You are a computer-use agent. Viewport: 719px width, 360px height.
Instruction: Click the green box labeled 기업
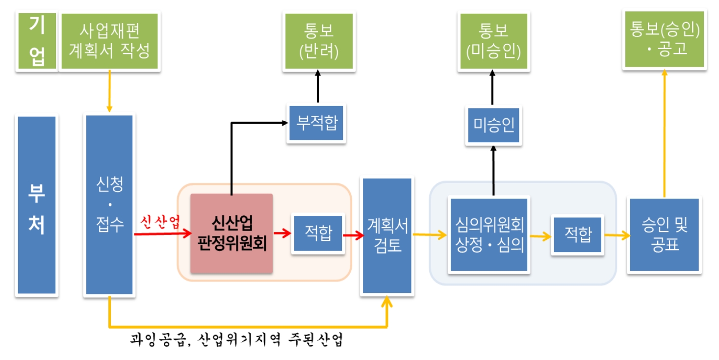pos(37,42)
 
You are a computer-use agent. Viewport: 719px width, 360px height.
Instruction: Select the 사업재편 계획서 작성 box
pos(109,42)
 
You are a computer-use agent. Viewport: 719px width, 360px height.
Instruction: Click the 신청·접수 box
pos(109,205)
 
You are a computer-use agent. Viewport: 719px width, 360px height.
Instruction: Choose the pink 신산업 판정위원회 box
pos(231,233)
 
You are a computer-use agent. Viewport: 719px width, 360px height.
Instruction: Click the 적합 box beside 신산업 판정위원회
pos(317,233)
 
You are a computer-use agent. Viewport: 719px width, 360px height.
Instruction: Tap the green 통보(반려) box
pos(319,41)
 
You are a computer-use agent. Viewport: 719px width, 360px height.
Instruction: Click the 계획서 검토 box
pos(387,236)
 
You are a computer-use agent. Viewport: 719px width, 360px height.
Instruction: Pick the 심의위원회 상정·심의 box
pos(489,235)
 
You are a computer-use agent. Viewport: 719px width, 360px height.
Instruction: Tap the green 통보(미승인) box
pos(493,41)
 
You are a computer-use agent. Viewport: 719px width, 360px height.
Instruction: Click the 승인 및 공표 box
pos(664,235)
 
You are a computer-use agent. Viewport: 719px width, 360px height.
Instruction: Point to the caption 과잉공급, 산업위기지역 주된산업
pos(236,340)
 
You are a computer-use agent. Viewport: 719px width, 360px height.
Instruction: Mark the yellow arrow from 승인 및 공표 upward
pos(665,132)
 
